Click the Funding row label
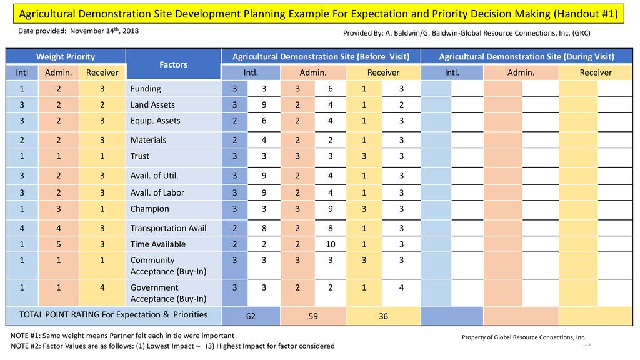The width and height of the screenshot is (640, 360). (146, 89)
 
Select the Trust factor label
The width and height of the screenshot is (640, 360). (140, 156)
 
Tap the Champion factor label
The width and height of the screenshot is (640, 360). (149, 209)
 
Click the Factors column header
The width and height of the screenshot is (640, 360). (173, 64)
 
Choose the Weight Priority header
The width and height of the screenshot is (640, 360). (66, 57)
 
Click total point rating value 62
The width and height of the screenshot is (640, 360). (251, 317)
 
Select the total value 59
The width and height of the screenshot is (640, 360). (314, 317)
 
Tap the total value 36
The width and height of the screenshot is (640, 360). (383, 317)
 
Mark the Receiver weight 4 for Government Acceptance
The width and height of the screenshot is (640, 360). (102, 287)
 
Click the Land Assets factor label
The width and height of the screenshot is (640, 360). (152, 105)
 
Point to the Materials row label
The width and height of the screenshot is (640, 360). (148, 140)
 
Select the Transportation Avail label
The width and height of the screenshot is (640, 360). (168, 228)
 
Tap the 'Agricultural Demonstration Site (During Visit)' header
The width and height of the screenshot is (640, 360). (526, 57)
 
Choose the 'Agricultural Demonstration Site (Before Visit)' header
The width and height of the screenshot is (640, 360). (321, 57)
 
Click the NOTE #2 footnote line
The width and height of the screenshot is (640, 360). (172, 346)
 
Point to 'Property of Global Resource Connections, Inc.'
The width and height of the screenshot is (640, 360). (523, 337)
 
